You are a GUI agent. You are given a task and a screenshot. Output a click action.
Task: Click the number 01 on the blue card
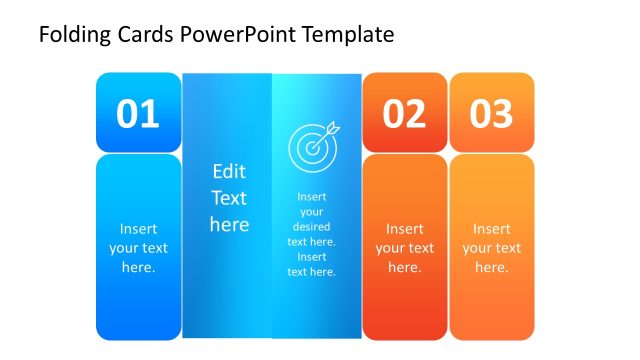coord(138,114)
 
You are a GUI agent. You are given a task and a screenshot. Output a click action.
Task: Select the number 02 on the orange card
coord(404,114)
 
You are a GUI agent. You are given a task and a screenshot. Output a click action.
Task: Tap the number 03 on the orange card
coord(491,114)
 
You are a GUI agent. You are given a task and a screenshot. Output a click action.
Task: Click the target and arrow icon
coord(313,146)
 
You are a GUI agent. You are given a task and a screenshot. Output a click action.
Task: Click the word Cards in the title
coord(148,35)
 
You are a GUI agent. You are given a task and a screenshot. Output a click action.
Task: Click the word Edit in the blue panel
coord(229,171)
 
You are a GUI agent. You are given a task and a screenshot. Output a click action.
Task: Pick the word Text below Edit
coord(229,197)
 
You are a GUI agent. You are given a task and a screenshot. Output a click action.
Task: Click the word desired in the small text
coord(312,226)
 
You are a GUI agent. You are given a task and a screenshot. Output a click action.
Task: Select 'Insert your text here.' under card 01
coord(138,248)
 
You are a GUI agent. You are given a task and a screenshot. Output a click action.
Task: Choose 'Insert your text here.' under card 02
coord(405,248)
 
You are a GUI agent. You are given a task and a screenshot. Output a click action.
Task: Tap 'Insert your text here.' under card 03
coord(491,248)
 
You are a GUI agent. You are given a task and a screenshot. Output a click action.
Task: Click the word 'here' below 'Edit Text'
coord(229,224)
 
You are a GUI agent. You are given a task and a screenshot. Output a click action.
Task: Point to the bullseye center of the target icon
coord(311,148)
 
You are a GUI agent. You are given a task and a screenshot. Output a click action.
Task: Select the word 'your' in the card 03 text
coord(491,248)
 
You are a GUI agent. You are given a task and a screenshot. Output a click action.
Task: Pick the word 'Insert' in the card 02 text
coord(405,229)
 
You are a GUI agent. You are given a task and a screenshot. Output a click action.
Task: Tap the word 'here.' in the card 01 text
coord(138,267)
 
